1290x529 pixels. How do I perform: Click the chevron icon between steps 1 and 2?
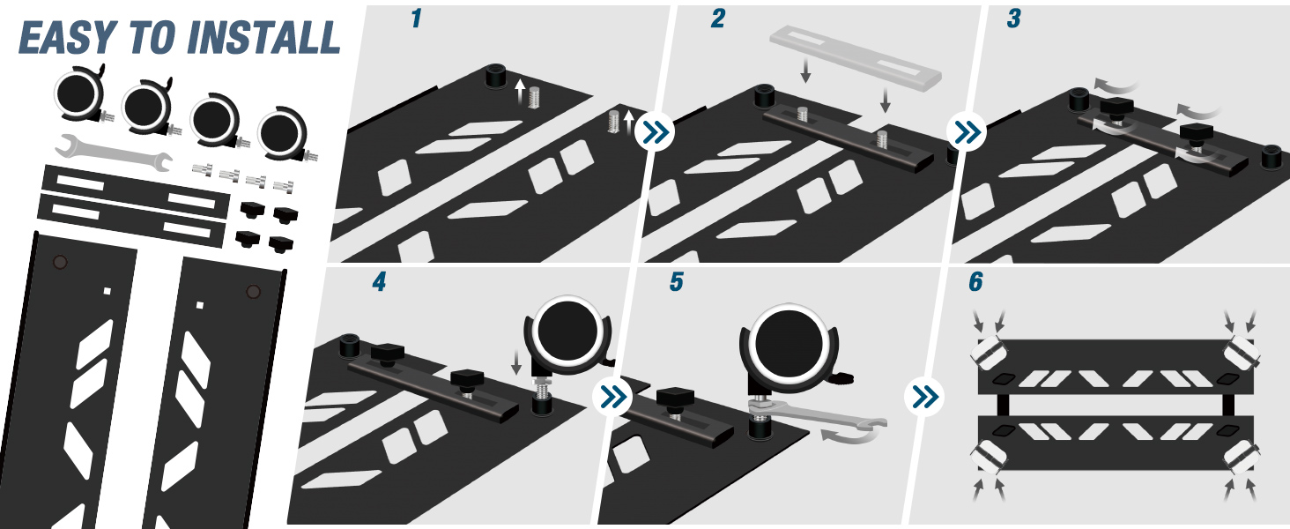pos(655,132)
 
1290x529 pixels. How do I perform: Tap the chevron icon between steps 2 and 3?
pos(967,132)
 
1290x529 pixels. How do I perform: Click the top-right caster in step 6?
pos(1242,353)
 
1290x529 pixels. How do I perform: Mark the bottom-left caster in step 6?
pos(990,458)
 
